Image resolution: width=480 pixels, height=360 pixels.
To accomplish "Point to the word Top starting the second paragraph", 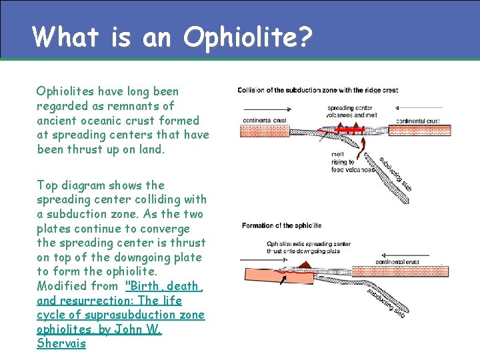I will [x=47, y=185].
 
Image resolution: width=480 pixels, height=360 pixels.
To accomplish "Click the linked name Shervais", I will [x=61, y=343].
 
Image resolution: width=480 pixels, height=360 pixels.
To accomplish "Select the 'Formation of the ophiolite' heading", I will [x=281, y=225].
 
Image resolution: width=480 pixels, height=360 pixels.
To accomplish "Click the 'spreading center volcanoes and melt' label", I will [x=360, y=111].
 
